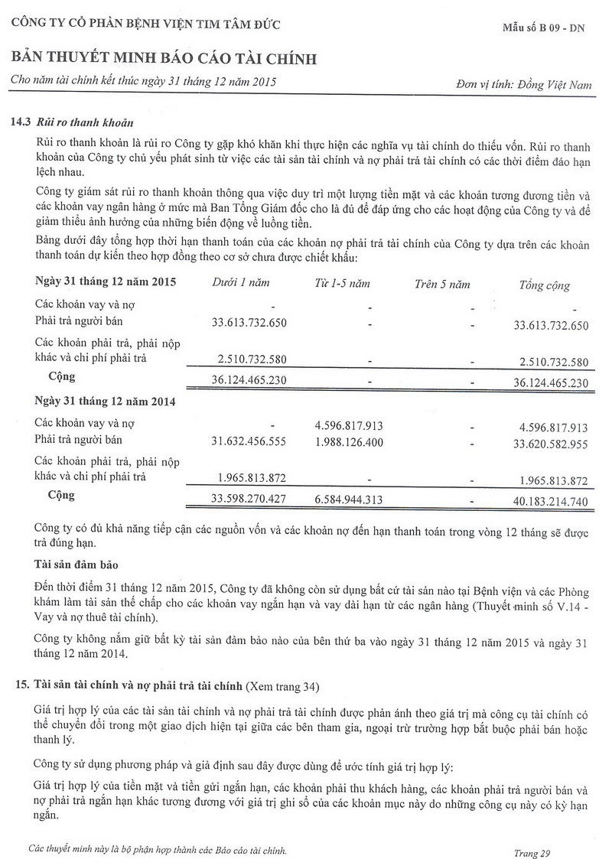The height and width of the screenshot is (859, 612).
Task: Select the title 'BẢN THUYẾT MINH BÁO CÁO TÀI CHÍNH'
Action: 163,59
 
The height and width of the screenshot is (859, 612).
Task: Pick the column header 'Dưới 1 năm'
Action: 241,283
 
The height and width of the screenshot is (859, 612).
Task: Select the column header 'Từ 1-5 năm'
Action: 342,283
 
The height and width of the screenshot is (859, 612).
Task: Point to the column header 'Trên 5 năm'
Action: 442,284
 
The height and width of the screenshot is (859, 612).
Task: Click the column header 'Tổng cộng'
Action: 545,285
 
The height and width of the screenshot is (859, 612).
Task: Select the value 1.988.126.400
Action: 349,441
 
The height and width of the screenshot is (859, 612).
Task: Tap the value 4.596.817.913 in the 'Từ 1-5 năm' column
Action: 349,425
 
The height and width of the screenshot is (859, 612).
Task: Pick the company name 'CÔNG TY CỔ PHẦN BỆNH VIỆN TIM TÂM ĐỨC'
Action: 145,24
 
